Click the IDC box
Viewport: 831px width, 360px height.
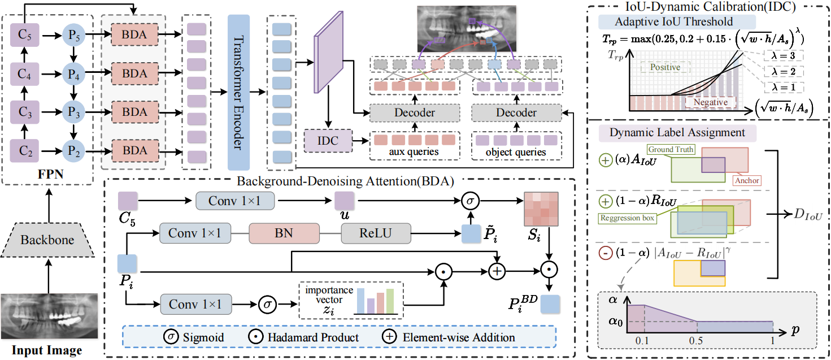point(327,140)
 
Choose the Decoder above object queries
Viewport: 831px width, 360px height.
point(516,112)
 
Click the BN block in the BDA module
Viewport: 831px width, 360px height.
point(285,232)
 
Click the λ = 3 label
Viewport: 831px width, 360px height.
point(784,55)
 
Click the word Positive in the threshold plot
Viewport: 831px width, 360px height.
point(664,67)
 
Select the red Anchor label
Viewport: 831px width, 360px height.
point(747,180)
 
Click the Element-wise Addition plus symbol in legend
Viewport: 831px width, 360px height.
point(389,337)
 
